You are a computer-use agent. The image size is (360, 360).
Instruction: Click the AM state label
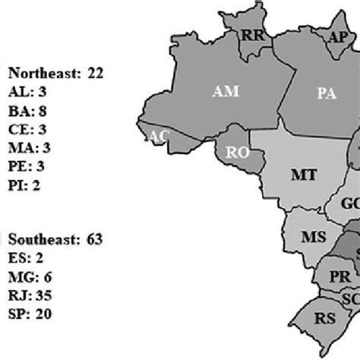click(226, 92)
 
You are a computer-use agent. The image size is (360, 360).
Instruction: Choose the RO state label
click(238, 153)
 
